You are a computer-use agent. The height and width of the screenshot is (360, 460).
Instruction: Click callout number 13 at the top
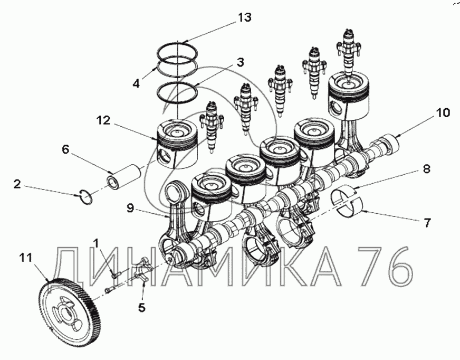pos(244,17)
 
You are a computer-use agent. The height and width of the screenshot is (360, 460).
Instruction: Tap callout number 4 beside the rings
pos(136,83)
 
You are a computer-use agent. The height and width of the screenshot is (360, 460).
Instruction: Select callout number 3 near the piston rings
pos(240,63)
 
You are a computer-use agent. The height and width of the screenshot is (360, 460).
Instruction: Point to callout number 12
pos(103,120)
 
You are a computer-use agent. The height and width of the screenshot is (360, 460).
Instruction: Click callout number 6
pos(65,149)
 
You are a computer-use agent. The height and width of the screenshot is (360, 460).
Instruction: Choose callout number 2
pos(17,184)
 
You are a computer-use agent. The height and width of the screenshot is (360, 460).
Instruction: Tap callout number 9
pos(130,208)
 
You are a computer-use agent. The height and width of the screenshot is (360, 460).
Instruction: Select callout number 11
pos(25,258)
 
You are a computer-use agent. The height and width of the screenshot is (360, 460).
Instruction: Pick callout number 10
pos(443,113)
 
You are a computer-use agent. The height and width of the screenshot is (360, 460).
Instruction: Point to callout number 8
pos(426,169)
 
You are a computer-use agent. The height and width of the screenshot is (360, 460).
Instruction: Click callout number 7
pos(427,223)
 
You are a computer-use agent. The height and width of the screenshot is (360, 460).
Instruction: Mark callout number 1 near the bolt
pos(96,243)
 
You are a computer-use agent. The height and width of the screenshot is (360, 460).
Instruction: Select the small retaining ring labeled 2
pos(87,196)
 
